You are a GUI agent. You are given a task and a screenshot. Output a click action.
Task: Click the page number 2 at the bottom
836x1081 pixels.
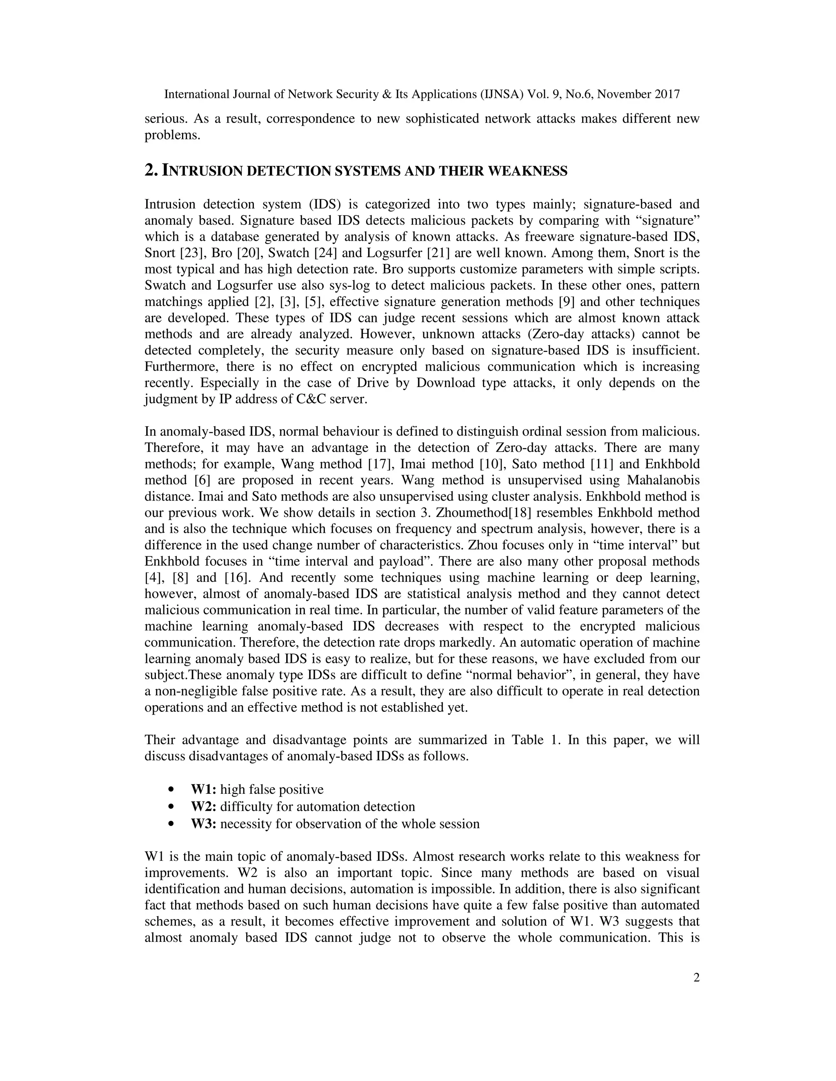(x=696, y=977)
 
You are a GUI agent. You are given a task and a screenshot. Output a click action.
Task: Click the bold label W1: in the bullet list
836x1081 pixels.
(x=204, y=789)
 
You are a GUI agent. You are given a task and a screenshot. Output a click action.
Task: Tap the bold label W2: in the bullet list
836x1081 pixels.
(x=204, y=806)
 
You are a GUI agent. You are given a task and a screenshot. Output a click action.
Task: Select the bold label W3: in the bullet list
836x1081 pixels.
(x=204, y=824)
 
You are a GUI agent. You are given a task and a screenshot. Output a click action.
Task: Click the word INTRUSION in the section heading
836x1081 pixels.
(x=203, y=171)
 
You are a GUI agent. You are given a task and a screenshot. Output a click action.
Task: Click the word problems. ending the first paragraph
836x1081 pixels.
(x=172, y=135)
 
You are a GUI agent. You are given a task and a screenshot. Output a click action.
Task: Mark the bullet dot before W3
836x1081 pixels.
(x=172, y=824)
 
